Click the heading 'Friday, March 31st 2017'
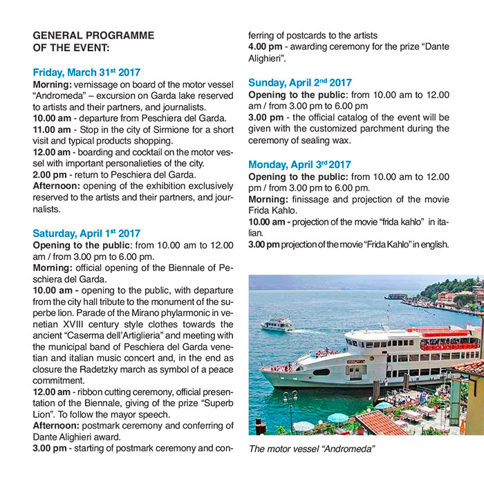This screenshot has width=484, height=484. pos(86,71)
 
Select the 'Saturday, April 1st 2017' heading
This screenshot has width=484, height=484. pos(86,233)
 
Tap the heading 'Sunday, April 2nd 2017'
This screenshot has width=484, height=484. pos(300,82)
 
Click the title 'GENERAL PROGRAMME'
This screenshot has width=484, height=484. pos(93,35)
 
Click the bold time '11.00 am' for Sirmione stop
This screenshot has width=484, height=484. pos(52,129)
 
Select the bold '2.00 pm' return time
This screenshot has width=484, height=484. pos(49,175)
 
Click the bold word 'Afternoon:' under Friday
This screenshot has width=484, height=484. pos(59,186)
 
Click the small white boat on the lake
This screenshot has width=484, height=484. pos(277,324)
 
